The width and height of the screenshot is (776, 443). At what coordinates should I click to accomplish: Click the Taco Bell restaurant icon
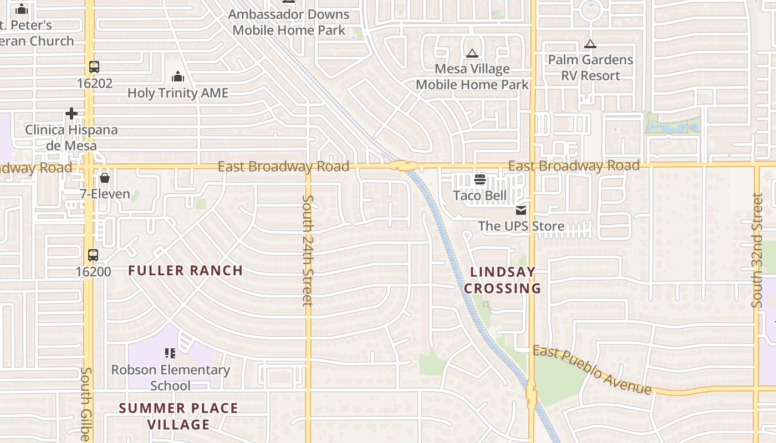(x=479, y=179)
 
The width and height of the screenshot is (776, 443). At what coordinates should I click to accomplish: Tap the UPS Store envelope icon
(x=520, y=210)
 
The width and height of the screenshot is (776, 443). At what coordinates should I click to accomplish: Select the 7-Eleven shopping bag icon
(x=104, y=178)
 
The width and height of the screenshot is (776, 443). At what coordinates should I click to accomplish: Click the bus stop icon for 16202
(x=94, y=68)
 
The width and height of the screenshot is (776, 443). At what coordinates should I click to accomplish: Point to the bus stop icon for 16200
(x=93, y=255)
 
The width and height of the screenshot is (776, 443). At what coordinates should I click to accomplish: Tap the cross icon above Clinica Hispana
(x=72, y=114)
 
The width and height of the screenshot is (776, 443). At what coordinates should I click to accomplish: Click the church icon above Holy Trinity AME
(x=178, y=76)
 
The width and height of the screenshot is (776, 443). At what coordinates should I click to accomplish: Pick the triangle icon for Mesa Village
(x=472, y=54)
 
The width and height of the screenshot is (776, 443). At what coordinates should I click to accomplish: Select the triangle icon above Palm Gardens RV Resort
(x=590, y=44)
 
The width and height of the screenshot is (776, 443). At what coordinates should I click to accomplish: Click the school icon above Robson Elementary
(x=170, y=353)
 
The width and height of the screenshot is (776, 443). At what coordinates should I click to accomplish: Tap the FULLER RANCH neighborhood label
(x=186, y=271)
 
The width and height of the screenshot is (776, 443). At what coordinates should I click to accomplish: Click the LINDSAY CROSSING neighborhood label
(x=503, y=280)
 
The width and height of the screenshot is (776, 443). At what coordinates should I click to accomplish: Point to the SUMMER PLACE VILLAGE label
(x=178, y=416)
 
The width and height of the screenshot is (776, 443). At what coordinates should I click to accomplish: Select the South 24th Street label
(x=308, y=250)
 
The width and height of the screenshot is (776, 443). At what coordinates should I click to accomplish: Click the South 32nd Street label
(x=758, y=250)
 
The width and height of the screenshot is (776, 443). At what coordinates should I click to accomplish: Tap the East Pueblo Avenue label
(x=592, y=370)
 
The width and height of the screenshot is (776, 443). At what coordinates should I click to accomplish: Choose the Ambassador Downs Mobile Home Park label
(x=289, y=22)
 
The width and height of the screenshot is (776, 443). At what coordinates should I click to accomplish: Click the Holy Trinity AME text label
(x=178, y=93)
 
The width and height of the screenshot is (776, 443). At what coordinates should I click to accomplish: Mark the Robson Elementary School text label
(x=171, y=377)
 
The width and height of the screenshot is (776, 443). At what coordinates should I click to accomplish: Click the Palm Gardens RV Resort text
(x=590, y=68)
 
